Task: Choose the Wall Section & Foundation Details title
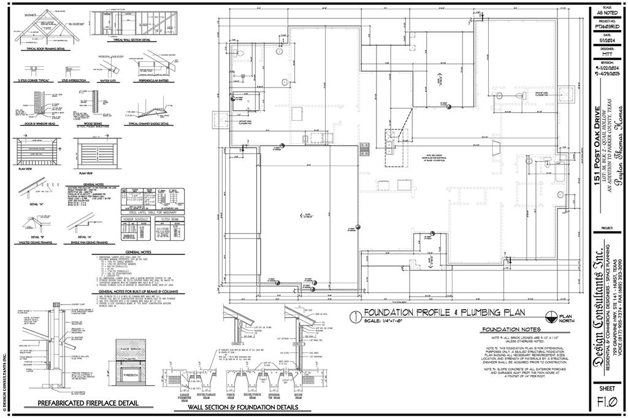click(243, 407)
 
